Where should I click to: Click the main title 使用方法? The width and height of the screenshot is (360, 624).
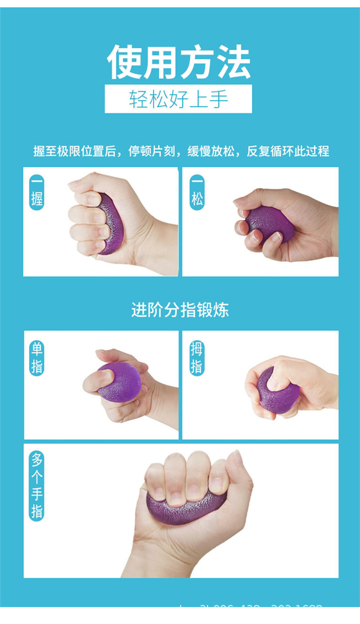coord(179,62)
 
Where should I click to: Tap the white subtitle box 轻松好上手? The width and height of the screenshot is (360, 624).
coord(178,99)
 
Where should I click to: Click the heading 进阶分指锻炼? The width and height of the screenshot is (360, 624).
coord(180,310)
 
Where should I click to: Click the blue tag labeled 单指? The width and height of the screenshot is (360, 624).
coord(36,358)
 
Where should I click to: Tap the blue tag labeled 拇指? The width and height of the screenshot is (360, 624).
coord(196,358)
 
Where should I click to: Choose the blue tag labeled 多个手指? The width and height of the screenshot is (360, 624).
coord(36,486)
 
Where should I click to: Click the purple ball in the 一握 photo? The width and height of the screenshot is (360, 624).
coord(108,223)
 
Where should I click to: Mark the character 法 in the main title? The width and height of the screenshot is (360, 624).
coord(233,62)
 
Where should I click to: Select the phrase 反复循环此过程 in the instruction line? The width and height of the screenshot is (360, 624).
coord(288,151)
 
